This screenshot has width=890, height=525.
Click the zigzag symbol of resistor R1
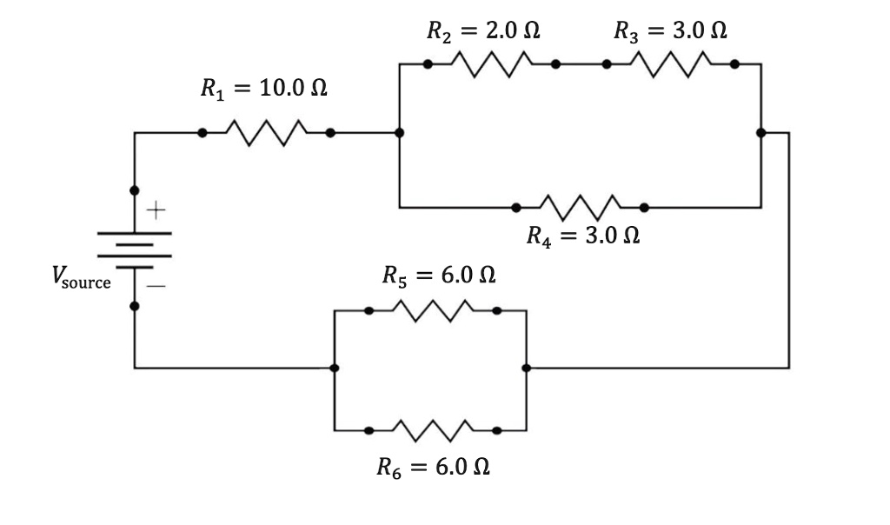coord(266,133)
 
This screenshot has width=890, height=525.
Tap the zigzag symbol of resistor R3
coord(671,63)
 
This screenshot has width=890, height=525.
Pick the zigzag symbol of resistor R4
coord(580,207)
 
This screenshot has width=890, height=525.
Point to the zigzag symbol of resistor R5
coord(433,309)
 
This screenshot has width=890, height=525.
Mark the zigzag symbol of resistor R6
coord(433,429)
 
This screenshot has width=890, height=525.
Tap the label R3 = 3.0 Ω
coord(670,31)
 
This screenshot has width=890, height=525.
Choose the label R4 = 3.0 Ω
coord(583,236)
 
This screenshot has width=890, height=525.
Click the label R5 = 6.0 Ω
coord(439,276)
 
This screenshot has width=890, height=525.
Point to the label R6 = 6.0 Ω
coord(434,467)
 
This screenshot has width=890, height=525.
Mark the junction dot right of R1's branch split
coord(399,133)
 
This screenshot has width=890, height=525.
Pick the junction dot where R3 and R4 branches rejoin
coord(760,133)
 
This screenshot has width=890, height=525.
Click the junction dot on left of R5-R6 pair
coord(335,368)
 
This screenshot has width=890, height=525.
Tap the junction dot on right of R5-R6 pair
coord(526,368)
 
